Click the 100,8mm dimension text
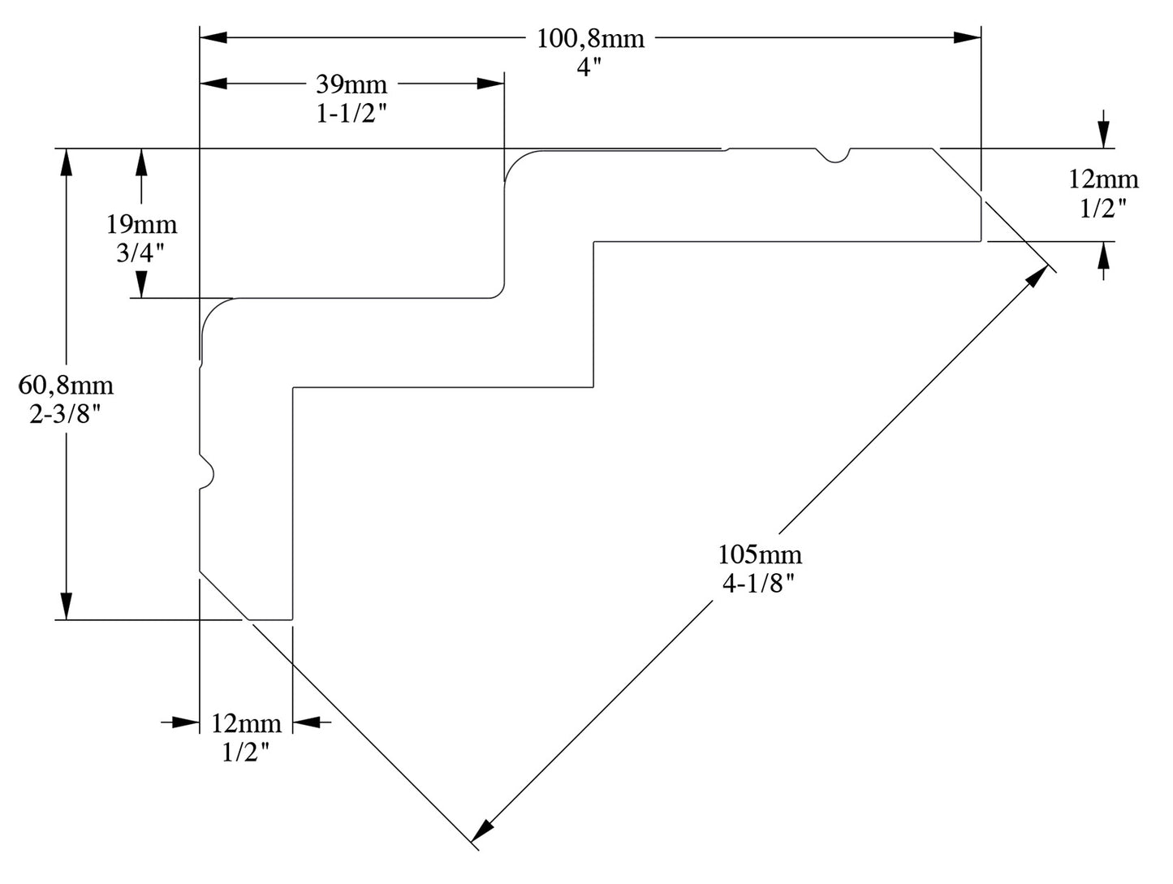[590, 38]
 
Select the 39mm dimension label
[351, 84]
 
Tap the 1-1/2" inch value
[351, 114]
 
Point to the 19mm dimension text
[141, 224]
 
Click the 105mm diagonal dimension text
[760, 554]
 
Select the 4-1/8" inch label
[759, 583]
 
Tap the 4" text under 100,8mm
[590, 67]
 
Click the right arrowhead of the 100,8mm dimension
[968, 37]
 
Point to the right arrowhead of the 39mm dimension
[490, 83]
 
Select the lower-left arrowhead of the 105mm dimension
[483, 829]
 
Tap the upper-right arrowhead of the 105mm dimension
[1037, 277]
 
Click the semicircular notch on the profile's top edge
[833, 154]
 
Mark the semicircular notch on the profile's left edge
[206, 471]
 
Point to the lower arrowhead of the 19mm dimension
[141, 284]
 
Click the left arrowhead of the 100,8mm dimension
[213, 37]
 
